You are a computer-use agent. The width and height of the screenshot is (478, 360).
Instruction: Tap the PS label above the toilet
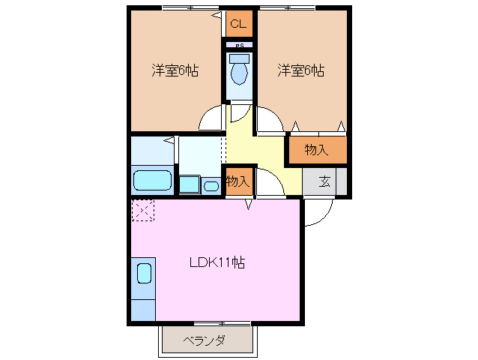pyautogui.click(x=240, y=45)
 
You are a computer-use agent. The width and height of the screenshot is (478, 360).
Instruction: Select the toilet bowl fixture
pyautogui.click(x=240, y=73)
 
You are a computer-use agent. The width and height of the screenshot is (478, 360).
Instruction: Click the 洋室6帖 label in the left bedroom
pyautogui.click(x=175, y=71)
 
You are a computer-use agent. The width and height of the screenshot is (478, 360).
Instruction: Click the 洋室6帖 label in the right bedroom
pyautogui.click(x=300, y=71)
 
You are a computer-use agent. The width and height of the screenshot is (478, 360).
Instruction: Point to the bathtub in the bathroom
pyautogui.click(x=153, y=181)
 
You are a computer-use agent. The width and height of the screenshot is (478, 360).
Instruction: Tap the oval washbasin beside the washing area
pyautogui.click(x=212, y=185)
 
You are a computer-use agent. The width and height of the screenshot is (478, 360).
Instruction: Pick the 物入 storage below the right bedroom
pyautogui.click(x=317, y=150)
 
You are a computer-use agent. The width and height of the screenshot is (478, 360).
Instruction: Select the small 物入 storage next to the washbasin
pyautogui.click(x=238, y=182)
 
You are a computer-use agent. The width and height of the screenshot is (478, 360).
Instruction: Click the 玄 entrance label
pyautogui.click(x=325, y=181)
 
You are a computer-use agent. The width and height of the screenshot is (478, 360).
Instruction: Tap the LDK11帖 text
pyautogui.click(x=217, y=263)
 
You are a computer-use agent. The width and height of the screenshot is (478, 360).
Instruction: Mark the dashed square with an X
pyautogui.click(x=142, y=211)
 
